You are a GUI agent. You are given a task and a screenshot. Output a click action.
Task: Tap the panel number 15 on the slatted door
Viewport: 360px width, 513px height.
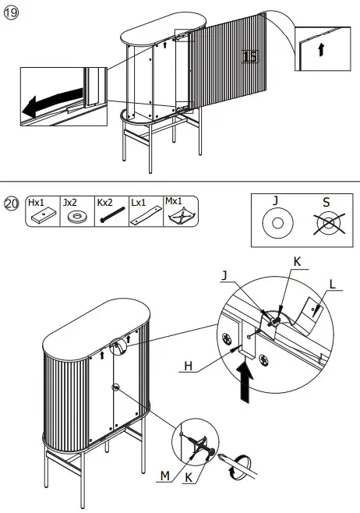pyautogui.click(x=249, y=56)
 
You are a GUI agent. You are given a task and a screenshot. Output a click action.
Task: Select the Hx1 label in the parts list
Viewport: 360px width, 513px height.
pyautogui.click(x=36, y=201)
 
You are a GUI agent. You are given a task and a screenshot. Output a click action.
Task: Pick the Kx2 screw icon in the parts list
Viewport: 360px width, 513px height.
pyautogui.click(x=108, y=217)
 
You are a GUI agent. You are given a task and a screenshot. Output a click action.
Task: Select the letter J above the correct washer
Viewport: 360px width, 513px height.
pyautogui.click(x=275, y=200)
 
